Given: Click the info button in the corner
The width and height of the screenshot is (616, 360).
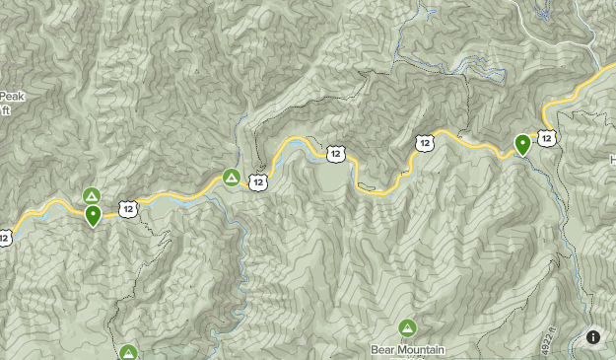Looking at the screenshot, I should tap(593, 336).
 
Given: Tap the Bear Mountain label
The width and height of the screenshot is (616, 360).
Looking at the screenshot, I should tap(408, 349).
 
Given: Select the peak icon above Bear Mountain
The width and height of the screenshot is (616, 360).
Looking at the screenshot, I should tap(407, 327).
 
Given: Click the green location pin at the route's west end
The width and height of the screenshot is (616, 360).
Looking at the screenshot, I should tap(94, 214).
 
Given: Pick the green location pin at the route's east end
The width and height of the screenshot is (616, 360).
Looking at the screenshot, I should tap(523, 144).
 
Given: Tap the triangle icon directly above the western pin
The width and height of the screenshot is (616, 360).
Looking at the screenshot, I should tap(92, 195).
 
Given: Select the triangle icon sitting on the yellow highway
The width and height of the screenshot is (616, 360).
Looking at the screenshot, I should tap(231, 178).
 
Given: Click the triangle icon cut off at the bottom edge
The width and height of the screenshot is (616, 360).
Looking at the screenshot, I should tap(128, 352).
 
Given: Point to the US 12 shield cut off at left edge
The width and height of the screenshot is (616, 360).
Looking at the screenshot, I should tap(4, 237).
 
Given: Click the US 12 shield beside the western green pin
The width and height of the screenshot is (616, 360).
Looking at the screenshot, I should tap(128, 208).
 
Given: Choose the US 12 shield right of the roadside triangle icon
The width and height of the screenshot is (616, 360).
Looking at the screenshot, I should tap(258, 181).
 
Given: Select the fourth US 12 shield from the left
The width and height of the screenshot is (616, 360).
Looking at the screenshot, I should tap(337, 153).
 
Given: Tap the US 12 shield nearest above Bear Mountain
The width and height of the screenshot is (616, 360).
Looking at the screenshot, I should tap(424, 144).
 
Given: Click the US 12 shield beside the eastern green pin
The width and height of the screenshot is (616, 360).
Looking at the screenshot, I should tap(547, 138).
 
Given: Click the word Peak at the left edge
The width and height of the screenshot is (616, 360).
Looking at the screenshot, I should tap(11, 97).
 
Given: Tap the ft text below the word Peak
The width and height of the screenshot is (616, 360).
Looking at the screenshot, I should tap(6, 110).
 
